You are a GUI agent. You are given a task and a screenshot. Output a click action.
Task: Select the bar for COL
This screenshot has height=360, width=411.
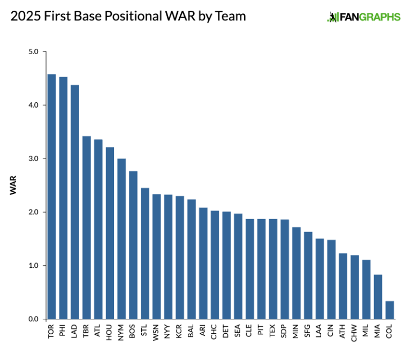click(390, 310)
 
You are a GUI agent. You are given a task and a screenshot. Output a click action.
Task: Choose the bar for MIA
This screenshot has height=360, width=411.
click(378, 297)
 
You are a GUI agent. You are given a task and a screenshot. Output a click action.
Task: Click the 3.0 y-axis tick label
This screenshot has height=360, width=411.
click(33, 159)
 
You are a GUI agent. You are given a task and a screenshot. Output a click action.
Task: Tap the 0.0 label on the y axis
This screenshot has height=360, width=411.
click(33, 319)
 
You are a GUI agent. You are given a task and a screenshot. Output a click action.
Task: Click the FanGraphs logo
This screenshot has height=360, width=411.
click(363, 17)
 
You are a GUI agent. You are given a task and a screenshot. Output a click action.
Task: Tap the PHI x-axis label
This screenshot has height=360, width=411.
click(63, 332)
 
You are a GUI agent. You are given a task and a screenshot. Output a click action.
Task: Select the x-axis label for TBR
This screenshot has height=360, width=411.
click(86, 332)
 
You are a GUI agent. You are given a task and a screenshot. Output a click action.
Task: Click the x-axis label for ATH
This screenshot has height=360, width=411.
click(342, 332)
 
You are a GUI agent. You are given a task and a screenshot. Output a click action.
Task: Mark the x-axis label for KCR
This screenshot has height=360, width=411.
click(180, 332)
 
